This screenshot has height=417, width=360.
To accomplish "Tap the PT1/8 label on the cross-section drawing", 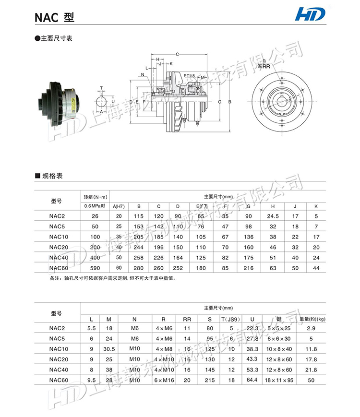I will point(189,76).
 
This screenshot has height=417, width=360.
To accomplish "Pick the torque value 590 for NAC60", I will point(95,268).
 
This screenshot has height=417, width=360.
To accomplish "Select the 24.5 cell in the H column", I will point(273,216).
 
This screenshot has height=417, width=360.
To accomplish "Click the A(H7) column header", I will point(119,206).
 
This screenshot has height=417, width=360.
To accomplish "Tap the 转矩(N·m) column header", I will point(95,197).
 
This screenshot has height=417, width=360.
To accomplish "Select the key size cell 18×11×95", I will point(279,380).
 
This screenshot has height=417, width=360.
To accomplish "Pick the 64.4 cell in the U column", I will point(252,380).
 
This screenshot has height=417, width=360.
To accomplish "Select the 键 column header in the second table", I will point(278,319).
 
